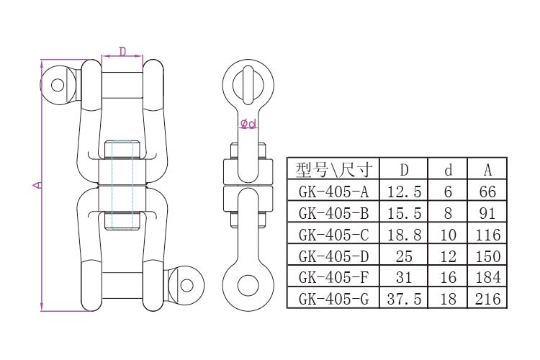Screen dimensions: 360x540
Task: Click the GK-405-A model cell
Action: (333, 192)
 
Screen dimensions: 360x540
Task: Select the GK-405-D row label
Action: (333, 256)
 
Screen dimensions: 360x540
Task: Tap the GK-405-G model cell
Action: (333, 298)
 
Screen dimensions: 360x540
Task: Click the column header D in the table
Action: (404, 170)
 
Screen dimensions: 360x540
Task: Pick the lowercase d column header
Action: (448, 170)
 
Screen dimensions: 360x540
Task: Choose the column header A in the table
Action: (487, 170)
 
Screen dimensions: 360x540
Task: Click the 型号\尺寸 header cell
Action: (333, 170)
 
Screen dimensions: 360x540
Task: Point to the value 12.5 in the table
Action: (404, 192)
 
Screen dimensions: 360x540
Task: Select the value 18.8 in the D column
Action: (404, 234)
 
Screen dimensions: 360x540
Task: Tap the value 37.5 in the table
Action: (404, 298)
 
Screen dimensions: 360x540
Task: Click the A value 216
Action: (487, 298)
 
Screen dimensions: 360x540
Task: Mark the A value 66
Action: (487, 192)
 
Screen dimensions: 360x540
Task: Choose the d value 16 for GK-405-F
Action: (448, 276)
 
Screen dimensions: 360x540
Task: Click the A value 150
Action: (487, 256)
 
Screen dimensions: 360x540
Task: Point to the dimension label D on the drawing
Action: (122, 51)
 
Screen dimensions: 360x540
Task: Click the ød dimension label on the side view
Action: (248, 125)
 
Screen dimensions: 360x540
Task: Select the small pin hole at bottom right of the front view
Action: (186, 284)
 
